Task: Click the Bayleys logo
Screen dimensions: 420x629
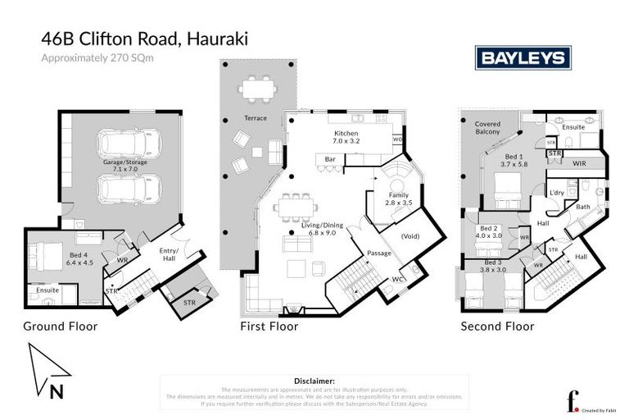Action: tap(523, 57)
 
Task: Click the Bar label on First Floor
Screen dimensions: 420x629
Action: tap(332, 158)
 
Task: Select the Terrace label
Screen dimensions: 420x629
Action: tap(255, 118)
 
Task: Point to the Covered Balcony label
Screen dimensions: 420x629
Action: tap(487, 128)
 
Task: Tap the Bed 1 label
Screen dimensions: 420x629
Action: tap(514, 160)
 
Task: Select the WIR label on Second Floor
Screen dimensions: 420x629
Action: tap(580, 163)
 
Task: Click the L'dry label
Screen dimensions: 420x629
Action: tap(556, 192)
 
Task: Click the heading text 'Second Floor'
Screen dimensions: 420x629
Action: tap(497, 326)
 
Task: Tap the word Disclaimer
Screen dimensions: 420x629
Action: tap(314, 381)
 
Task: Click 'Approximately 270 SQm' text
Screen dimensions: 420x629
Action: tap(97, 57)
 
